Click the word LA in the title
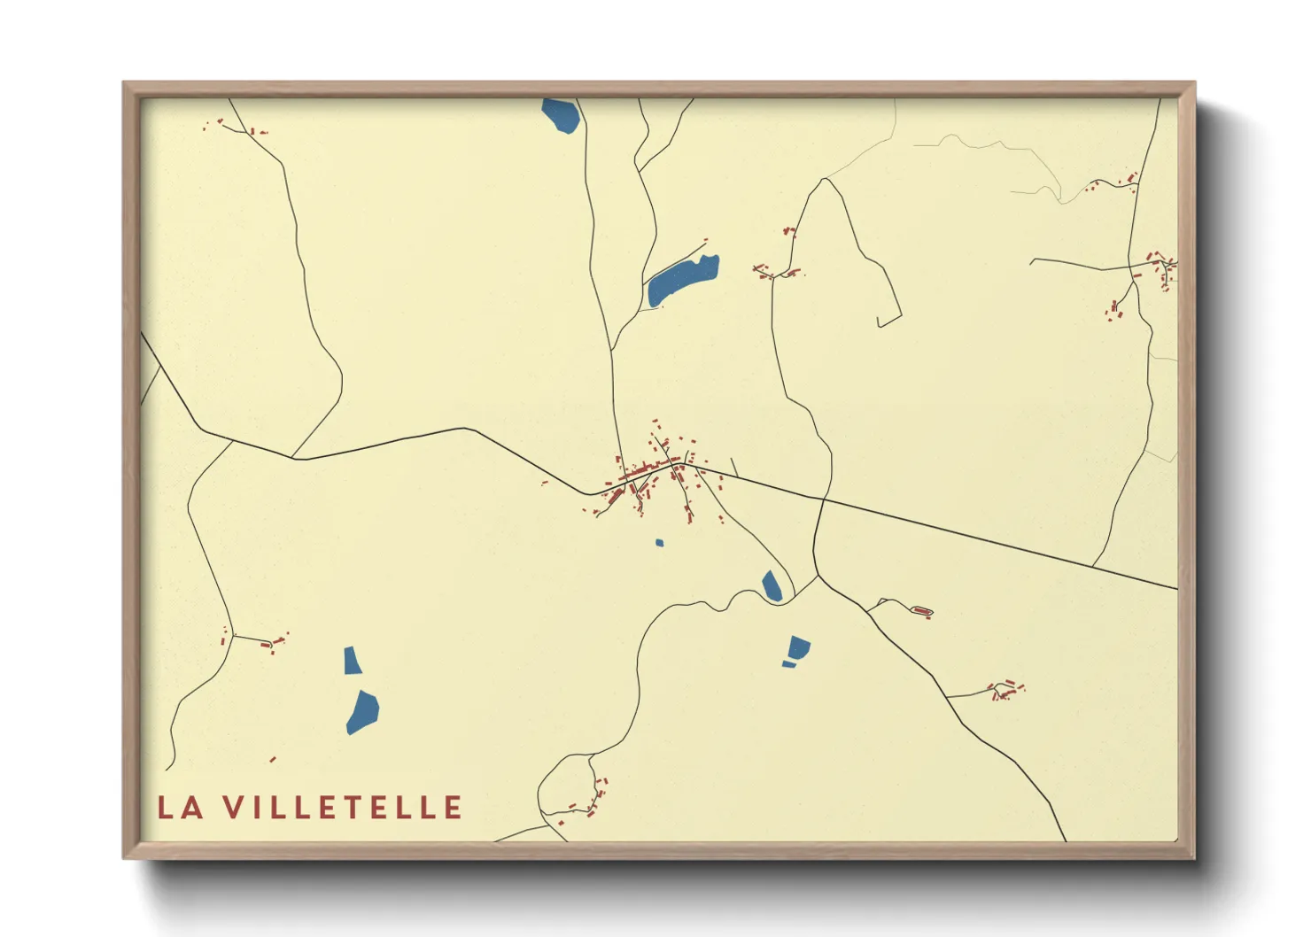pyautogui.click(x=181, y=808)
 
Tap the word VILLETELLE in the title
pyautogui.click(x=343, y=808)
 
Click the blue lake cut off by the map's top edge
pyautogui.click(x=561, y=115)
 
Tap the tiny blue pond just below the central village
pyautogui.click(x=659, y=543)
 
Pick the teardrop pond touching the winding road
pyautogui.click(x=772, y=585)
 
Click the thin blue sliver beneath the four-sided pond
pyautogui.click(x=788, y=664)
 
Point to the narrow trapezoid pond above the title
pyautogui.click(x=352, y=661)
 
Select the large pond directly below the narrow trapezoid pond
pyautogui.click(x=362, y=712)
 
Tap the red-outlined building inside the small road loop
pyautogui.click(x=922, y=611)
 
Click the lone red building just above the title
pyautogui.click(x=273, y=759)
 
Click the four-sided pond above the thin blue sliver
pyautogui.click(x=798, y=647)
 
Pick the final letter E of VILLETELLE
pyautogui.click(x=454, y=808)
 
